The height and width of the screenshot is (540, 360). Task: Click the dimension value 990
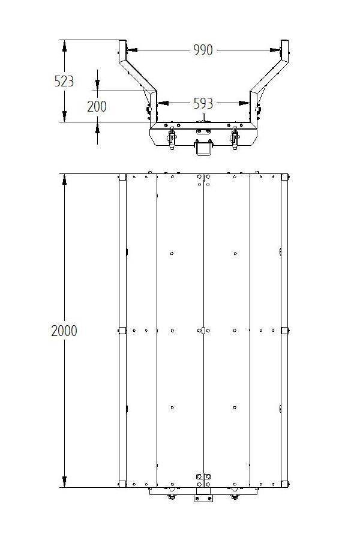pyautogui.click(x=203, y=50)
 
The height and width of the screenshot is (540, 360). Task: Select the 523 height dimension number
pyautogui.click(x=64, y=81)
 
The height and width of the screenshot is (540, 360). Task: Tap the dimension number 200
pyautogui.click(x=97, y=106)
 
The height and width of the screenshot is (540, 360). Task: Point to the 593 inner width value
pyautogui.click(x=203, y=103)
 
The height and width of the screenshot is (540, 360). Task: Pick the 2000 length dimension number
pyautogui.click(x=64, y=331)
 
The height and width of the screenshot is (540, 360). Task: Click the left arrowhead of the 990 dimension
pyautogui.click(x=132, y=50)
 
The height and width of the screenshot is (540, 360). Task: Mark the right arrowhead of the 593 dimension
pyautogui.click(x=244, y=103)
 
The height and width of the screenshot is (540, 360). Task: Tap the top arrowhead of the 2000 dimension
pyautogui.click(x=64, y=179)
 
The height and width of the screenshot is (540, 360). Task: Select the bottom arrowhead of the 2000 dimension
pyautogui.click(x=64, y=481)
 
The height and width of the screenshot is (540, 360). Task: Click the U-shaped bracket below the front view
pyautogui.click(x=203, y=148)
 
